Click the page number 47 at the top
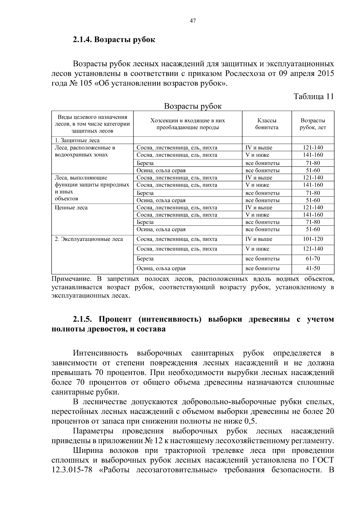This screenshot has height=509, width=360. point(193,21)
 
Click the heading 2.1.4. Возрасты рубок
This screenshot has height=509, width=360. point(114,40)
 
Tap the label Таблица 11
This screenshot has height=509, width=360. point(313,96)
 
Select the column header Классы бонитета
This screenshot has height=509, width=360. point(267,124)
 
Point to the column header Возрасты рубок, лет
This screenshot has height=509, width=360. point(313,124)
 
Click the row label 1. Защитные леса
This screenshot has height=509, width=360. point(77,140)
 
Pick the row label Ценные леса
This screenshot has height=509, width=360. point(71,208)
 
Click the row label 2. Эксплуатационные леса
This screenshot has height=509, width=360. point(89,239)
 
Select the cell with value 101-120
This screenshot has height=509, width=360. point(313,239)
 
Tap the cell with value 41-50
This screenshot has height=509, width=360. point(313,268)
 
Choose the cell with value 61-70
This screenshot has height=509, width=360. point(313,259)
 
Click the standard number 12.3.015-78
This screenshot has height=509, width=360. point(72,469)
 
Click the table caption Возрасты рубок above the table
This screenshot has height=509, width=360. point(193,106)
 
